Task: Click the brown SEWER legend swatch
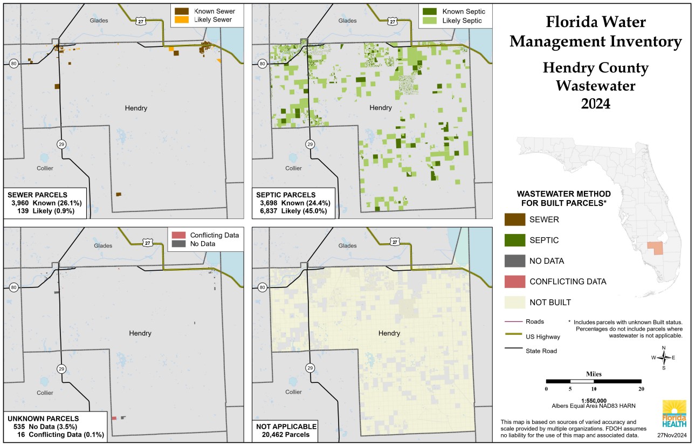514,219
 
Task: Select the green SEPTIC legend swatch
514,240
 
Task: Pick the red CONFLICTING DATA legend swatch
514,282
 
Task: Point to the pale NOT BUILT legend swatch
514,302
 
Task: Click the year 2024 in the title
595,103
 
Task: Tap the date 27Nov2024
672,435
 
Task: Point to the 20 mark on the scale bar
641,388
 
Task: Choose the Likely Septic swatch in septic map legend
430,21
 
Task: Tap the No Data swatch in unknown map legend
178,244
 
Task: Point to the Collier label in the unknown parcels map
45,393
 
